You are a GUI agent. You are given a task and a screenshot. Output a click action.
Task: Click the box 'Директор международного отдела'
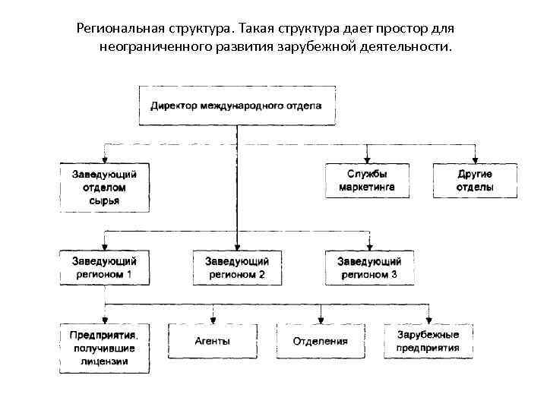[x=236, y=106]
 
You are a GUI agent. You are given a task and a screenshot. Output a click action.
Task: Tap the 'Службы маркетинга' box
[x=368, y=181]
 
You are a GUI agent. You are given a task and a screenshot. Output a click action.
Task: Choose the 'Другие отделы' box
[x=475, y=181]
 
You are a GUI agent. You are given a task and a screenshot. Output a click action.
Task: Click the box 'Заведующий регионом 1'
[x=105, y=267]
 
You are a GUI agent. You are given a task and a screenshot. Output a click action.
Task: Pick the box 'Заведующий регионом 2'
[x=236, y=267]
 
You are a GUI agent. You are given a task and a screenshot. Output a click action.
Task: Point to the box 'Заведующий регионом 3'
[x=368, y=267]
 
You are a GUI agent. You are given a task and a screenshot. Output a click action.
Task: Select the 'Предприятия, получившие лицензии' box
[x=105, y=348]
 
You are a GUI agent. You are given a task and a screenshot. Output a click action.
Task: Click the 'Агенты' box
[x=213, y=341]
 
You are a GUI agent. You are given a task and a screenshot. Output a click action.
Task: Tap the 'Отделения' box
[x=321, y=341]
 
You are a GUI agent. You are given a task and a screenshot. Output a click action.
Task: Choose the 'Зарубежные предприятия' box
[x=428, y=341]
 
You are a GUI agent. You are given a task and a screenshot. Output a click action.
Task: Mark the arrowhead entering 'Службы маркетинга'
[x=368, y=159]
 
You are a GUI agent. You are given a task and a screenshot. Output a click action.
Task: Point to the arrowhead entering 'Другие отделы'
[x=475, y=159]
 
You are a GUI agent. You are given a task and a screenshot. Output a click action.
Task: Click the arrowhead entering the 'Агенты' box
[x=213, y=320]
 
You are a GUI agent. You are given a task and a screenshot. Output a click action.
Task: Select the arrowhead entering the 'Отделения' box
[x=321, y=320]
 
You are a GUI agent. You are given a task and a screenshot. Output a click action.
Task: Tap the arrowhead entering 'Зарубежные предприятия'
[x=428, y=320]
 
